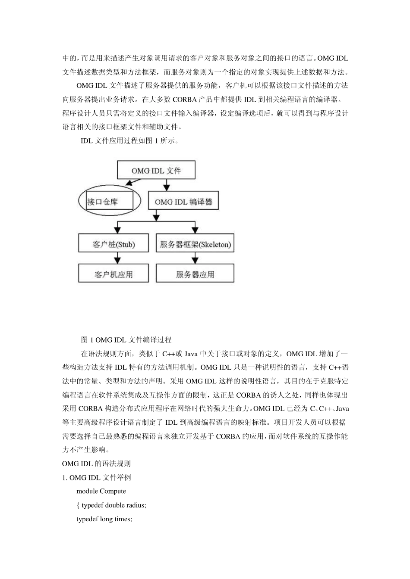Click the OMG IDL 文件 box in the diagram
click(x=156, y=170)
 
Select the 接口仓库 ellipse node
click(x=110, y=201)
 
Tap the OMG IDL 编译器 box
click(x=183, y=202)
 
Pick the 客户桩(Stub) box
click(x=114, y=244)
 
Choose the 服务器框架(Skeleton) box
click(x=195, y=244)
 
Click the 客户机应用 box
click(x=114, y=274)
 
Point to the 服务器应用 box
click(x=195, y=274)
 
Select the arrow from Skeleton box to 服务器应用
click(x=195, y=258)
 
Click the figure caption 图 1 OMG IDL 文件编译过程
click(x=126, y=340)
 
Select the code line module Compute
click(x=101, y=491)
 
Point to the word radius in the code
click(x=136, y=505)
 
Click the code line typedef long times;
click(x=104, y=519)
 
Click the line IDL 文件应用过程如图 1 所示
click(x=129, y=141)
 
